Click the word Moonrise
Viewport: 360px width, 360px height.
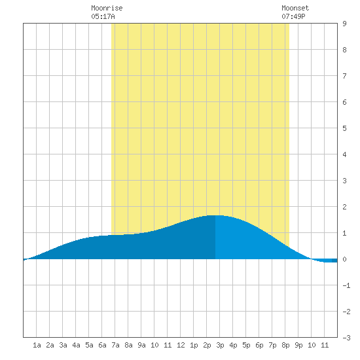[x=107, y=8]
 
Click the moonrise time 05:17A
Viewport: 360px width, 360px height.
[x=103, y=16]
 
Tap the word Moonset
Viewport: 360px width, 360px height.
[x=295, y=8]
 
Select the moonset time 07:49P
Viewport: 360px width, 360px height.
[x=293, y=16]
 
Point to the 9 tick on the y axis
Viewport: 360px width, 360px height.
[x=344, y=24]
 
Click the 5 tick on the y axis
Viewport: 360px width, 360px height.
[x=344, y=128]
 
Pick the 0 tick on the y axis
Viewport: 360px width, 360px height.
[x=344, y=259]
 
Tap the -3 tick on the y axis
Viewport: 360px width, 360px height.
[x=346, y=338]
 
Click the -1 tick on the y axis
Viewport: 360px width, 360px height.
[x=346, y=285]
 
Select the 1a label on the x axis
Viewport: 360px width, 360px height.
[x=37, y=345]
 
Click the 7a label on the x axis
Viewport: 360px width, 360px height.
[x=115, y=345]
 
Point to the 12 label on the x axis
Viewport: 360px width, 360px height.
[x=181, y=345]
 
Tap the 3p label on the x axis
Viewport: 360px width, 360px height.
[x=220, y=345]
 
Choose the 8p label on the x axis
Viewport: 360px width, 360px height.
[x=285, y=345]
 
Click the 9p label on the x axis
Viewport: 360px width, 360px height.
[x=298, y=345]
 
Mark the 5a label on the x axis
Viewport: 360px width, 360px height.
[x=89, y=345]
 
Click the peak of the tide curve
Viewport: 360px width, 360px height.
[x=215, y=215]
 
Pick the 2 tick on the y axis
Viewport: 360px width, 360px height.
[x=344, y=207]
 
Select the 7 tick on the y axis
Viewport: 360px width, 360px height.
[x=344, y=76]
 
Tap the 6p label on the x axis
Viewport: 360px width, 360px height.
[x=259, y=345]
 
